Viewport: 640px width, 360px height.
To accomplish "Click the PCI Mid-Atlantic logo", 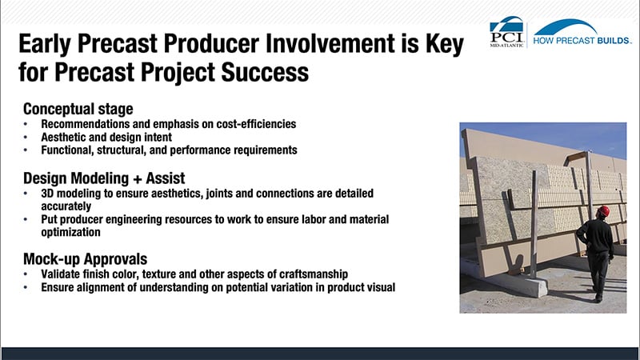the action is click(x=506, y=32).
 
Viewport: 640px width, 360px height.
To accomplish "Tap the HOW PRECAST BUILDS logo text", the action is click(x=582, y=41).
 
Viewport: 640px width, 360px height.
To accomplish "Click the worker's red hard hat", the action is click(x=603, y=210).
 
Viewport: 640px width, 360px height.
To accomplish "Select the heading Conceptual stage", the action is click(x=78, y=109).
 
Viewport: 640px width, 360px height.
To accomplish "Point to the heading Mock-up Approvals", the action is click(x=85, y=259).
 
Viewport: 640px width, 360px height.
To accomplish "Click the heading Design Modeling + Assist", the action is click(x=104, y=178).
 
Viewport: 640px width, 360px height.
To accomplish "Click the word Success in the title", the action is click(x=265, y=72).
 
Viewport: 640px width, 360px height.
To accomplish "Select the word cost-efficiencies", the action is click(x=256, y=124).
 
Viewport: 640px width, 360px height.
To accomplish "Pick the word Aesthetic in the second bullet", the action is click(x=63, y=137).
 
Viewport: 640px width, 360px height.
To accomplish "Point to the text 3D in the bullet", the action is click(x=47, y=193).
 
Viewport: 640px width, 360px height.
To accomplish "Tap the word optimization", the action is click(x=70, y=232).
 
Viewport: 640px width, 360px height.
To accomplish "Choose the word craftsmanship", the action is click(x=314, y=274).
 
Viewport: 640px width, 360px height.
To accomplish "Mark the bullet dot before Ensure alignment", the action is click(x=26, y=287).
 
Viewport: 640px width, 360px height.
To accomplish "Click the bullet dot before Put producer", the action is click(x=26, y=219).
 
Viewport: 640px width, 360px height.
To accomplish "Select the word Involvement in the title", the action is click(x=330, y=44).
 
